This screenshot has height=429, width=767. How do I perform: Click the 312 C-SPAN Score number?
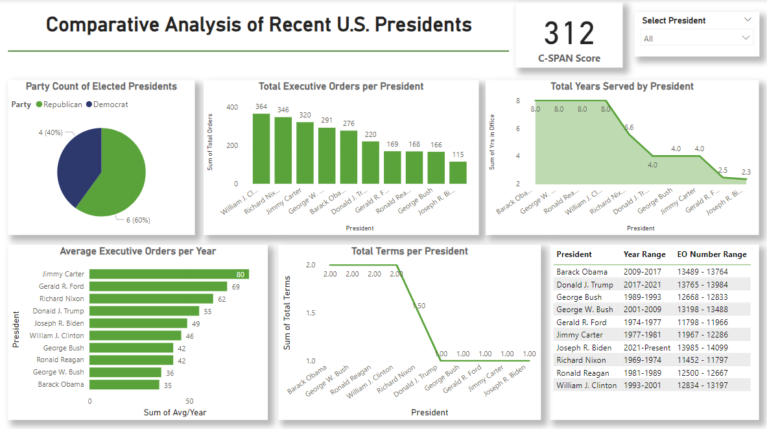569,34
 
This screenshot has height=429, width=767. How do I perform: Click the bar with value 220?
370,162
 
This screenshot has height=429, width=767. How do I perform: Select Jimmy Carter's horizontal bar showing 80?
169,275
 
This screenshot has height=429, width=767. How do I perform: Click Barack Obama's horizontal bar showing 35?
124,385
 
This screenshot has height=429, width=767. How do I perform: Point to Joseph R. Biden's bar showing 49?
138,323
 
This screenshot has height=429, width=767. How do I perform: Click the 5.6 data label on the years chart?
628,127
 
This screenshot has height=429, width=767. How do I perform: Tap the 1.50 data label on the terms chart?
418,306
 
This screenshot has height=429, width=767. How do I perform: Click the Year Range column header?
640,254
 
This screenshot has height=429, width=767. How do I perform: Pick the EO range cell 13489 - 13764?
703,272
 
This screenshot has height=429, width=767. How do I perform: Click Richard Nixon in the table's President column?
581,360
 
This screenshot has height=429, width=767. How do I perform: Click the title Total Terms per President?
409,251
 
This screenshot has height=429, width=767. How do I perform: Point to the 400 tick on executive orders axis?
231,107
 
